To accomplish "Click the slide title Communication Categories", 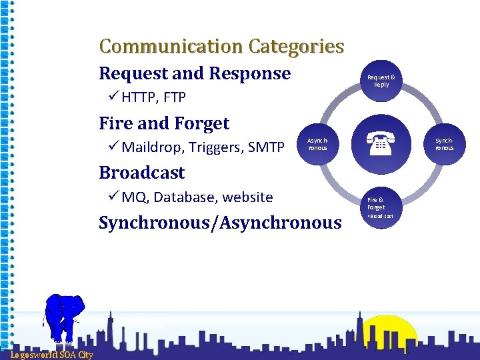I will coord(221,47).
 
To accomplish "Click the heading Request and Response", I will coord(195,73).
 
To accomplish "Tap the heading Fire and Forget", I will coord(164,123).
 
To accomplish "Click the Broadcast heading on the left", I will coord(142,173).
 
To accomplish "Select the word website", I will coord(247,197).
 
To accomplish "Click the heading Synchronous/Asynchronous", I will coord(220,223).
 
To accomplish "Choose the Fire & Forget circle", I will coord(381,207).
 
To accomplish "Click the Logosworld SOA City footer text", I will coord(51,355).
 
